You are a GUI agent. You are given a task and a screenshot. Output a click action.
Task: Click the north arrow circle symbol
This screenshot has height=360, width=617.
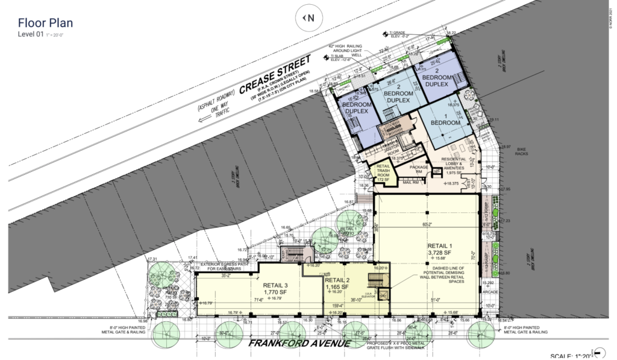pos(308,18)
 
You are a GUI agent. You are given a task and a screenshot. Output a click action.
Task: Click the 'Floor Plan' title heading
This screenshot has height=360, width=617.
pos(46,24)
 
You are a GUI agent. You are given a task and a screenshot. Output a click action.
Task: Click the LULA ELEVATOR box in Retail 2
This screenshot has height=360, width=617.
pos(384,294)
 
